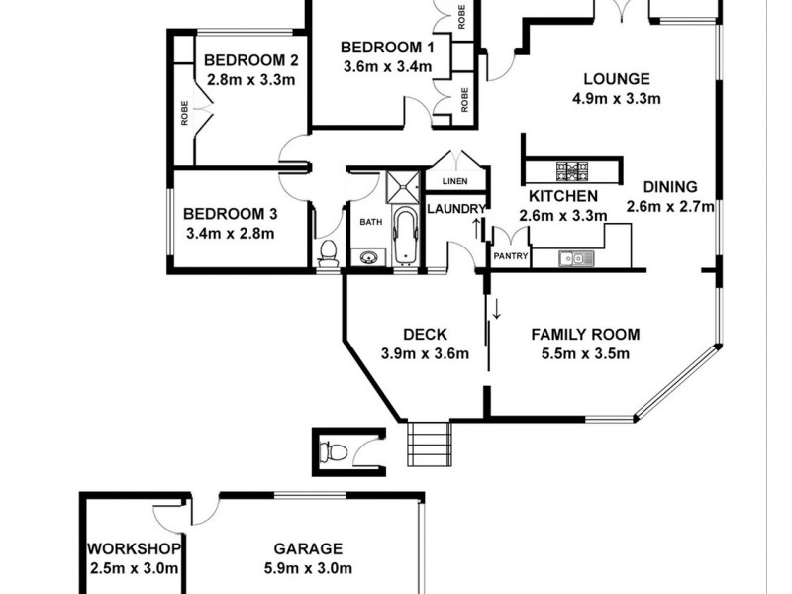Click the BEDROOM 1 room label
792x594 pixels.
pos(387,48)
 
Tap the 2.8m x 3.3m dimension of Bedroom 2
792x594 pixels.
pos(251,79)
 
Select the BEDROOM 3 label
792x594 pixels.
pos(231,213)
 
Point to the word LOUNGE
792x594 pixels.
pos(616,79)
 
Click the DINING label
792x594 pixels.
pos(670,186)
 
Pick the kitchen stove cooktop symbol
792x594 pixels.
pos(573,171)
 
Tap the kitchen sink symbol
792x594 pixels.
pos(574,259)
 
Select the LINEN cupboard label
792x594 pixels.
pos(454,181)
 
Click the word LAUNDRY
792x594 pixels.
pos(456,208)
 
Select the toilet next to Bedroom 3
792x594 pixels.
pos(328,253)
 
